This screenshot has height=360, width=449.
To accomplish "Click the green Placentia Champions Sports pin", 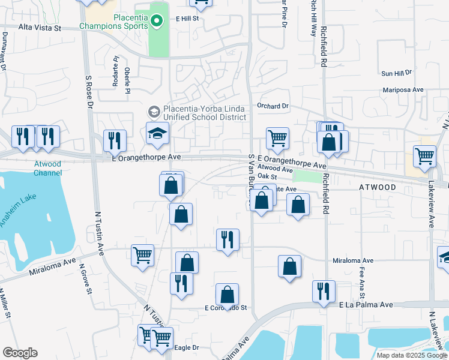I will [x=157, y=22].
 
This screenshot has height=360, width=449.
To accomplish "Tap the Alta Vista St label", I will [x=40, y=28].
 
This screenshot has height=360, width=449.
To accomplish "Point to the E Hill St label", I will [x=187, y=19].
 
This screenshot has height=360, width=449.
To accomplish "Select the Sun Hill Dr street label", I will [x=397, y=73].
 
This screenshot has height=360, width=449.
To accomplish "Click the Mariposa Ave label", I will [x=403, y=90].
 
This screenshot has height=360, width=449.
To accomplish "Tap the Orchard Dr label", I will [x=273, y=106].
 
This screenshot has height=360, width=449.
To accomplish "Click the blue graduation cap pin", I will [x=157, y=134].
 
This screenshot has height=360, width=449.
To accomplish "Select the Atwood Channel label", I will [x=47, y=168].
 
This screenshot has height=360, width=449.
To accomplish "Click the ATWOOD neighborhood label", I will [x=378, y=188].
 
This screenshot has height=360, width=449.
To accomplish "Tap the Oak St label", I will [x=266, y=177].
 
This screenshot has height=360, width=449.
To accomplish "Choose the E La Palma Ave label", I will [x=366, y=305].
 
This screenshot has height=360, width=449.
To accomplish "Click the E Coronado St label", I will [x=226, y=308].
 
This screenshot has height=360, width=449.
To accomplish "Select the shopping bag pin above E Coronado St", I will [x=227, y=295].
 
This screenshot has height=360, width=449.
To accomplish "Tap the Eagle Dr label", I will [x=186, y=347].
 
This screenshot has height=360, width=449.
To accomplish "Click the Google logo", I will [x=20, y=353].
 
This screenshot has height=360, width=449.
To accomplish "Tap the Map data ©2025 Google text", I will [x=411, y=355].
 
